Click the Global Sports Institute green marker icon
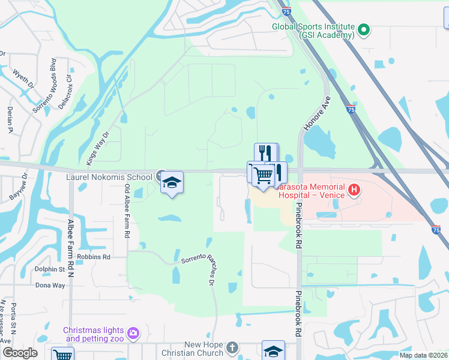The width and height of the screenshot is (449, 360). [x=364, y=29]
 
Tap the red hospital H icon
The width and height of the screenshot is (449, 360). [x=354, y=191]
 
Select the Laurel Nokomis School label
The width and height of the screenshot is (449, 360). [x=109, y=178]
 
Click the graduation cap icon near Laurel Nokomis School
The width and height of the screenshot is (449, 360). [x=172, y=184]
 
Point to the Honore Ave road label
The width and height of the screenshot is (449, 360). [x=317, y=113]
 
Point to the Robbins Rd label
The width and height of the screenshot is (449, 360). [x=98, y=256]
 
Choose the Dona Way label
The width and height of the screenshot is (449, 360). [x=50, y=285]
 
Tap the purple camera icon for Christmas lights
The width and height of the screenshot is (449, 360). [x=133, y=332]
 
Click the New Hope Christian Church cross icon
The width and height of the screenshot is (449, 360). [x=232, y=347]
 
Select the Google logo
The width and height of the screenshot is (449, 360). [x=20, y=353]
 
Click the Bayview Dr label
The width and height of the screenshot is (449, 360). [x=19, y=187]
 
